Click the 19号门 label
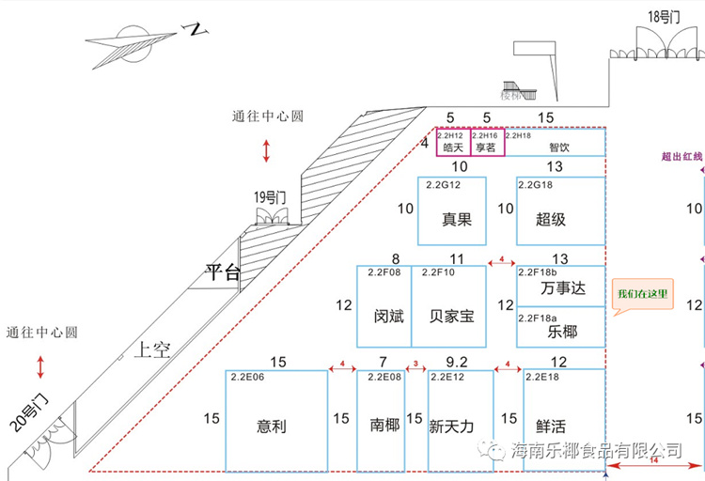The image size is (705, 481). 270,197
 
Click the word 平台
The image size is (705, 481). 223,272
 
